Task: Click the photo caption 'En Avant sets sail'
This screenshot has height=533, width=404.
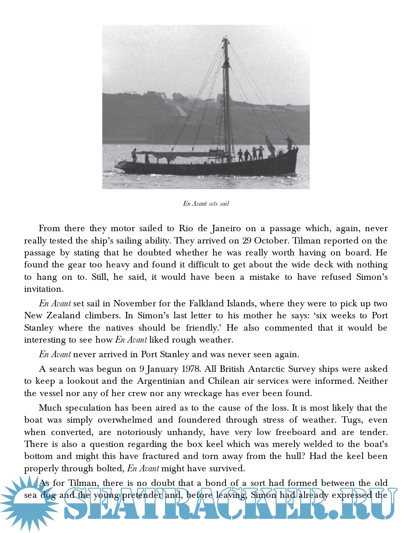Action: point(206,203)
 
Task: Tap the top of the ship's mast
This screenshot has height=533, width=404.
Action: point(225,37)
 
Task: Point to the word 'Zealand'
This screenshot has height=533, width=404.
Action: point(63,316)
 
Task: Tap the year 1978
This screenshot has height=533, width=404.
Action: point(189,369)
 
